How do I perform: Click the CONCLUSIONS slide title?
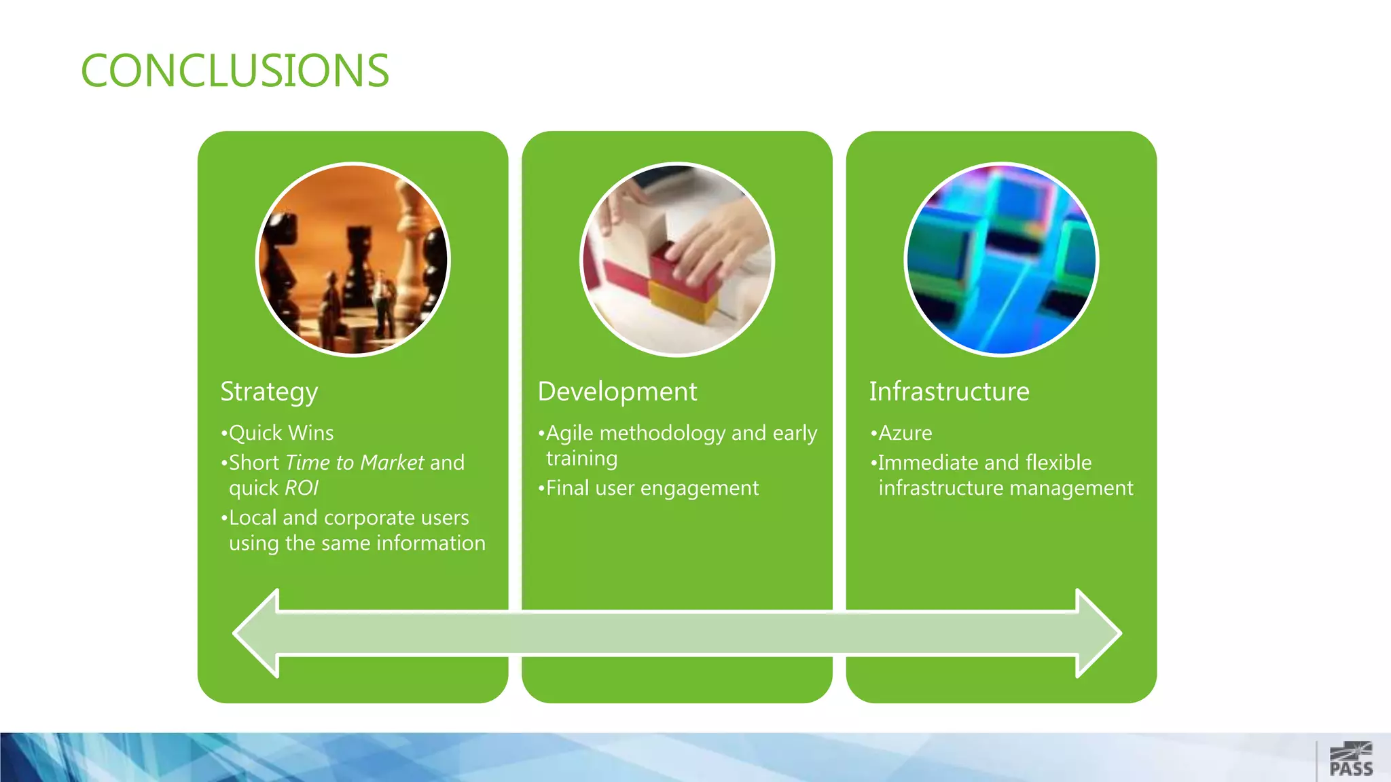click(235, 71)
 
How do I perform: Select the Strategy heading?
click(269, 392)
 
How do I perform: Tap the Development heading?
click(617, 392)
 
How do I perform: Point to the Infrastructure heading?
click(949, 392)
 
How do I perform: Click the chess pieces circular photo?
click(353, 259)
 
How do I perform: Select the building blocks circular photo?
click(677, 259)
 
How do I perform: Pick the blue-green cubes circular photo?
click(1001, 259)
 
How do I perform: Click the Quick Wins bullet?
click(281, 433)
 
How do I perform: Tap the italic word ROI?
click(302, 488)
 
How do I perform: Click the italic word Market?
click(393, 463)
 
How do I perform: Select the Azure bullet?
click(905, 433)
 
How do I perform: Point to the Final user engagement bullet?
click(652, 488)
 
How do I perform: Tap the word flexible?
click(1058, 463)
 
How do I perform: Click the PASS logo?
click(1351, 760)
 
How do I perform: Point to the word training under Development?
click(582, 459)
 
